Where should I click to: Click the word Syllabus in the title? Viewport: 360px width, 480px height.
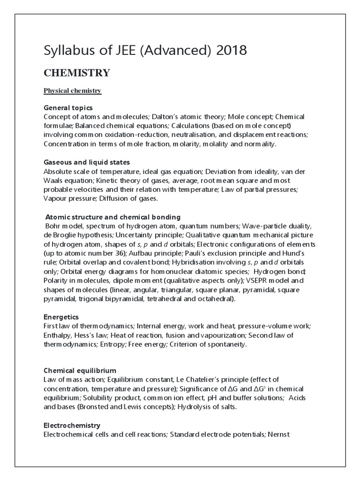(x=65, y=50)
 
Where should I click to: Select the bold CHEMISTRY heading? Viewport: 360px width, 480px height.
(x=77, y=73)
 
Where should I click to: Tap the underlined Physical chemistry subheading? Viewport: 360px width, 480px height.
(x=73, y=90)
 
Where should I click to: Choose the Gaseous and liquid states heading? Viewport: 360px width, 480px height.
(x=87, y=162)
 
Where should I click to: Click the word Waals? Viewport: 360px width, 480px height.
(x=54, y=180)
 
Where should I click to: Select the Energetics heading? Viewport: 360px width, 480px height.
(x=61, y=317)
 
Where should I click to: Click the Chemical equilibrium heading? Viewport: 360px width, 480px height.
(x=80, y=370)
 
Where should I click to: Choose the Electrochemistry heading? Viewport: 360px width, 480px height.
(x=72, y=425)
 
